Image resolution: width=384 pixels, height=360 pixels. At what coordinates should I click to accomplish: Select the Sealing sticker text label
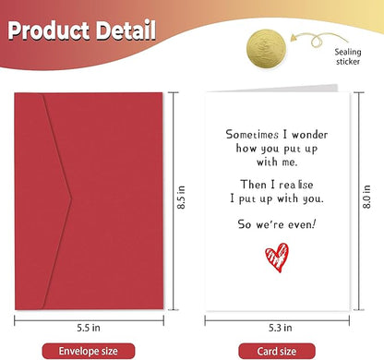point(355,58)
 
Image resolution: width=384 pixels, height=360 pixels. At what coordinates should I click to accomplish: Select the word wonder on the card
point(306,134)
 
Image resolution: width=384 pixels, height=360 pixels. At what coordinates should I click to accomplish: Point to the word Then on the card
point(244,183)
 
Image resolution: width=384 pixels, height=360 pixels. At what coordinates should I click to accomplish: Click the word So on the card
point(243,223)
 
